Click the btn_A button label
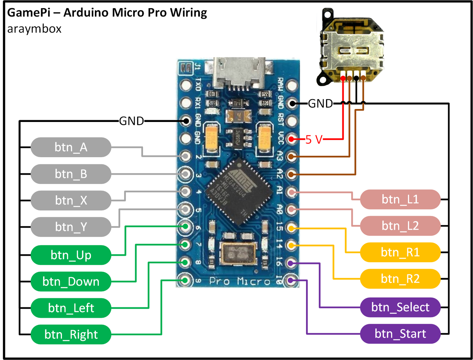pos(71,147)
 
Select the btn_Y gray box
pos(71,227)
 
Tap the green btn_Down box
pos(71,282)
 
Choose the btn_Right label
pos(71,334)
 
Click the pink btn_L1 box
pos(400,199)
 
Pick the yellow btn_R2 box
pos(400,279)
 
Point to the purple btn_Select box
pos(400,307)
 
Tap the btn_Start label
pos(400,334)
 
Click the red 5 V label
pos(314,140)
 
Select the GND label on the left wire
pos(131,121)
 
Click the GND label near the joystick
pos(320,103)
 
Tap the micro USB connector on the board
pos(239,74)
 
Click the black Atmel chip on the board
pos(239,192)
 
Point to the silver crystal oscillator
pos(238,253)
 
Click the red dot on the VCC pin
pos(291,139)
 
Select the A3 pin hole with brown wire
pos(291,156)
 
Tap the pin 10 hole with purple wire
pos(291,280)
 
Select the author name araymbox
pos(34,28)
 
